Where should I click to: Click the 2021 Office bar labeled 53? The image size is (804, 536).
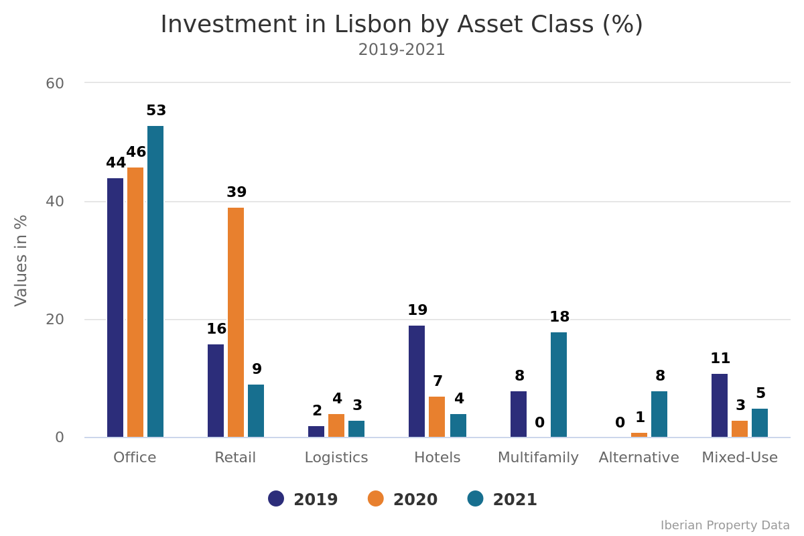[x=155, y=281]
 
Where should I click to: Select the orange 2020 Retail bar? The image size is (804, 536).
[x=236, y=322]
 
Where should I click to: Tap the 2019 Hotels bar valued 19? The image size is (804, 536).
[x=417, y=381]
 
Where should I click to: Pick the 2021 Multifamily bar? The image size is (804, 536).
[x=559, y=385]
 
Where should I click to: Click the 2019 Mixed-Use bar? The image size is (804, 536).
[x=720, y=405]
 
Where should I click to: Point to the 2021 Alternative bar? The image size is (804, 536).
[x=659, y=414]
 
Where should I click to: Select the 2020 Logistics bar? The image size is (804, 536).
[x=336, y=425]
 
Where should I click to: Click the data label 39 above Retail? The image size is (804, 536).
[x=237, y=193]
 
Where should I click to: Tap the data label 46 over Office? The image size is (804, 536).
[x=136, y=153]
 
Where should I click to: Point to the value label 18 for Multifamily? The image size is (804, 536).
[x=559, y=318]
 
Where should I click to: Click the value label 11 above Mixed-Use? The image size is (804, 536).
[x=720, y=359]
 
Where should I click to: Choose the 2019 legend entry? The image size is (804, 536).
[x=304, y=500]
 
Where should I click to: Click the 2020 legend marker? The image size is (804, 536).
[x=376, y=499]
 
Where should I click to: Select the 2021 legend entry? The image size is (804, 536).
[x=503, y=500]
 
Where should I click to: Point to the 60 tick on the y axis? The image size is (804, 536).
[x=55, y=84]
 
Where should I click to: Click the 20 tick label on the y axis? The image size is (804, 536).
[x=55, y=320]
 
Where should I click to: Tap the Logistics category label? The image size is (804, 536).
[x=336, y=458]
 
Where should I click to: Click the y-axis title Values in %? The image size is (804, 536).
[x=21, y=260]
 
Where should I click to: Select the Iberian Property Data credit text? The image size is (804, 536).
[x=725, y=525]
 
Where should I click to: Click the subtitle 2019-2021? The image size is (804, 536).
[x=402, y=50]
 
